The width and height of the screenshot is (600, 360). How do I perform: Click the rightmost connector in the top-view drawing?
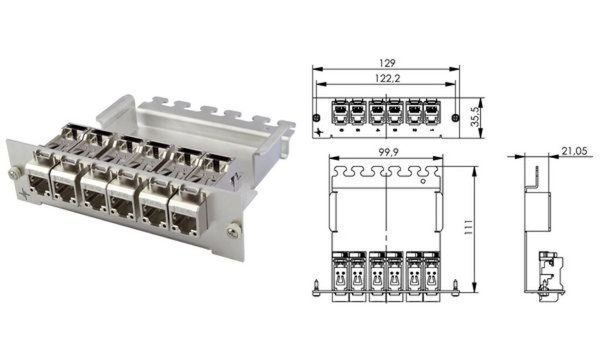point(432,275)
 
